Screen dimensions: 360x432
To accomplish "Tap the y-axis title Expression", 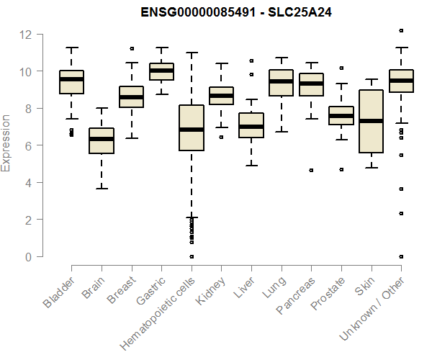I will pyautogui.click(x=6, y=143).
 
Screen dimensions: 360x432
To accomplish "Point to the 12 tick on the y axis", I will pyautogui.click(x=27, y=34).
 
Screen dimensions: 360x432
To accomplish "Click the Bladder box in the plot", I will pyautogui.click(x=72, y=82).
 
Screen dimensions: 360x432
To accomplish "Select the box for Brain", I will pyautogui.click(x=101, y=140).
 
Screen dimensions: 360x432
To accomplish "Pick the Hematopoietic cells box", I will pyautogui.click(x=192, y=128).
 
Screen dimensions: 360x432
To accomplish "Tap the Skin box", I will pyautogui.click(x=371, y=121).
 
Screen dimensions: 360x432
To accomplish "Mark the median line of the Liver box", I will pyautogui.click(x=251, y=127).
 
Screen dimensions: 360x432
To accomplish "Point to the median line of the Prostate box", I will pyautogui.click(x=341, y=116).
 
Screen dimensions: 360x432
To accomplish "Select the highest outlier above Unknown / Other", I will pyautogui.click(x=401, y=30).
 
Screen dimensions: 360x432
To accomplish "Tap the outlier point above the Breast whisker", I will pyautogui.click(x=132, y=48).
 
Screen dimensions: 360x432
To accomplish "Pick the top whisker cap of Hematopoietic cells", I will pyautogui.click(x=192, y=53).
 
